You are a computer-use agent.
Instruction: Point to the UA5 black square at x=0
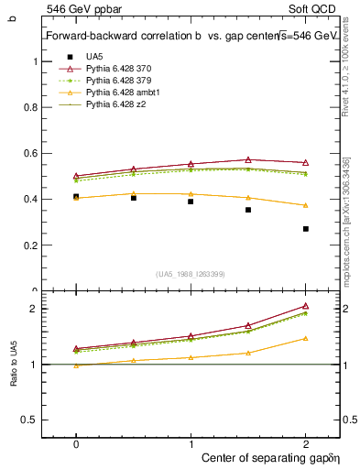pos(76,197)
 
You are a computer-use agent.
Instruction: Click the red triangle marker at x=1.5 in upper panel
pos(248,159)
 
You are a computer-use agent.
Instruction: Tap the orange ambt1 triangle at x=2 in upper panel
pos(306,205)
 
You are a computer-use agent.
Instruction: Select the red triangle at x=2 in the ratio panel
pos(306,306)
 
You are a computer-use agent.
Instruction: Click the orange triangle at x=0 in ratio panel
pos(76,365)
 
